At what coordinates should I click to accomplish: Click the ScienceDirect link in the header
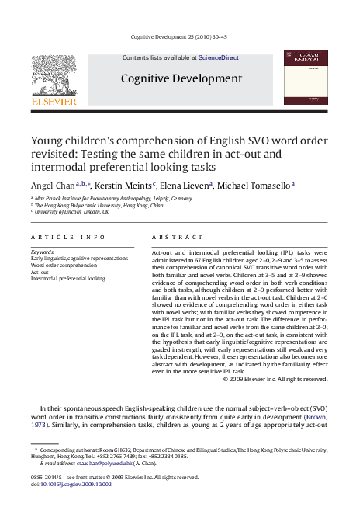[219, 58]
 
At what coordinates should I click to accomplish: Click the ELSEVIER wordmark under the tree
[54, 101]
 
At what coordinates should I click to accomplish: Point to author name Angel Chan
[52, 186]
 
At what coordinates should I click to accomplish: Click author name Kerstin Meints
[123, 186]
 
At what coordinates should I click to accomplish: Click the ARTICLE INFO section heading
[67, 236]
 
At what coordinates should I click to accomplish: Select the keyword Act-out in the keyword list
[40, 272]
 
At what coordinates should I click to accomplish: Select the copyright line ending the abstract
[275, 379]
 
